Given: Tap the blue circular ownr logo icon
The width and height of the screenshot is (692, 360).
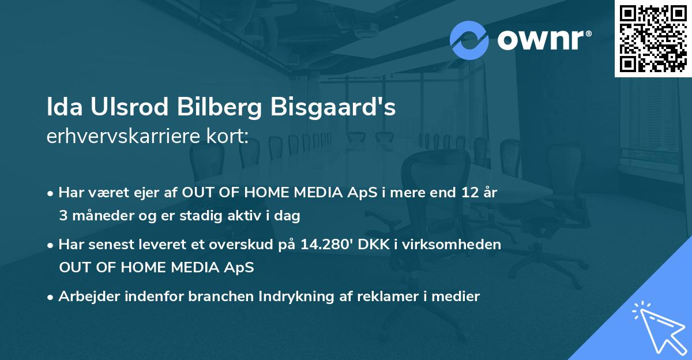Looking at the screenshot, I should tap(469, 40).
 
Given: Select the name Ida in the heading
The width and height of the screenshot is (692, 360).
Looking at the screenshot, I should tap(62, 108).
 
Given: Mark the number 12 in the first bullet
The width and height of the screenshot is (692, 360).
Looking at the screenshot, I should tap(463, 193).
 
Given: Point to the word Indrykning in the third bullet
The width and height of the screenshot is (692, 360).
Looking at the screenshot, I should tap(292, 297).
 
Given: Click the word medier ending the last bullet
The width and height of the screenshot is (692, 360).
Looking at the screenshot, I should tap(458, 297).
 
